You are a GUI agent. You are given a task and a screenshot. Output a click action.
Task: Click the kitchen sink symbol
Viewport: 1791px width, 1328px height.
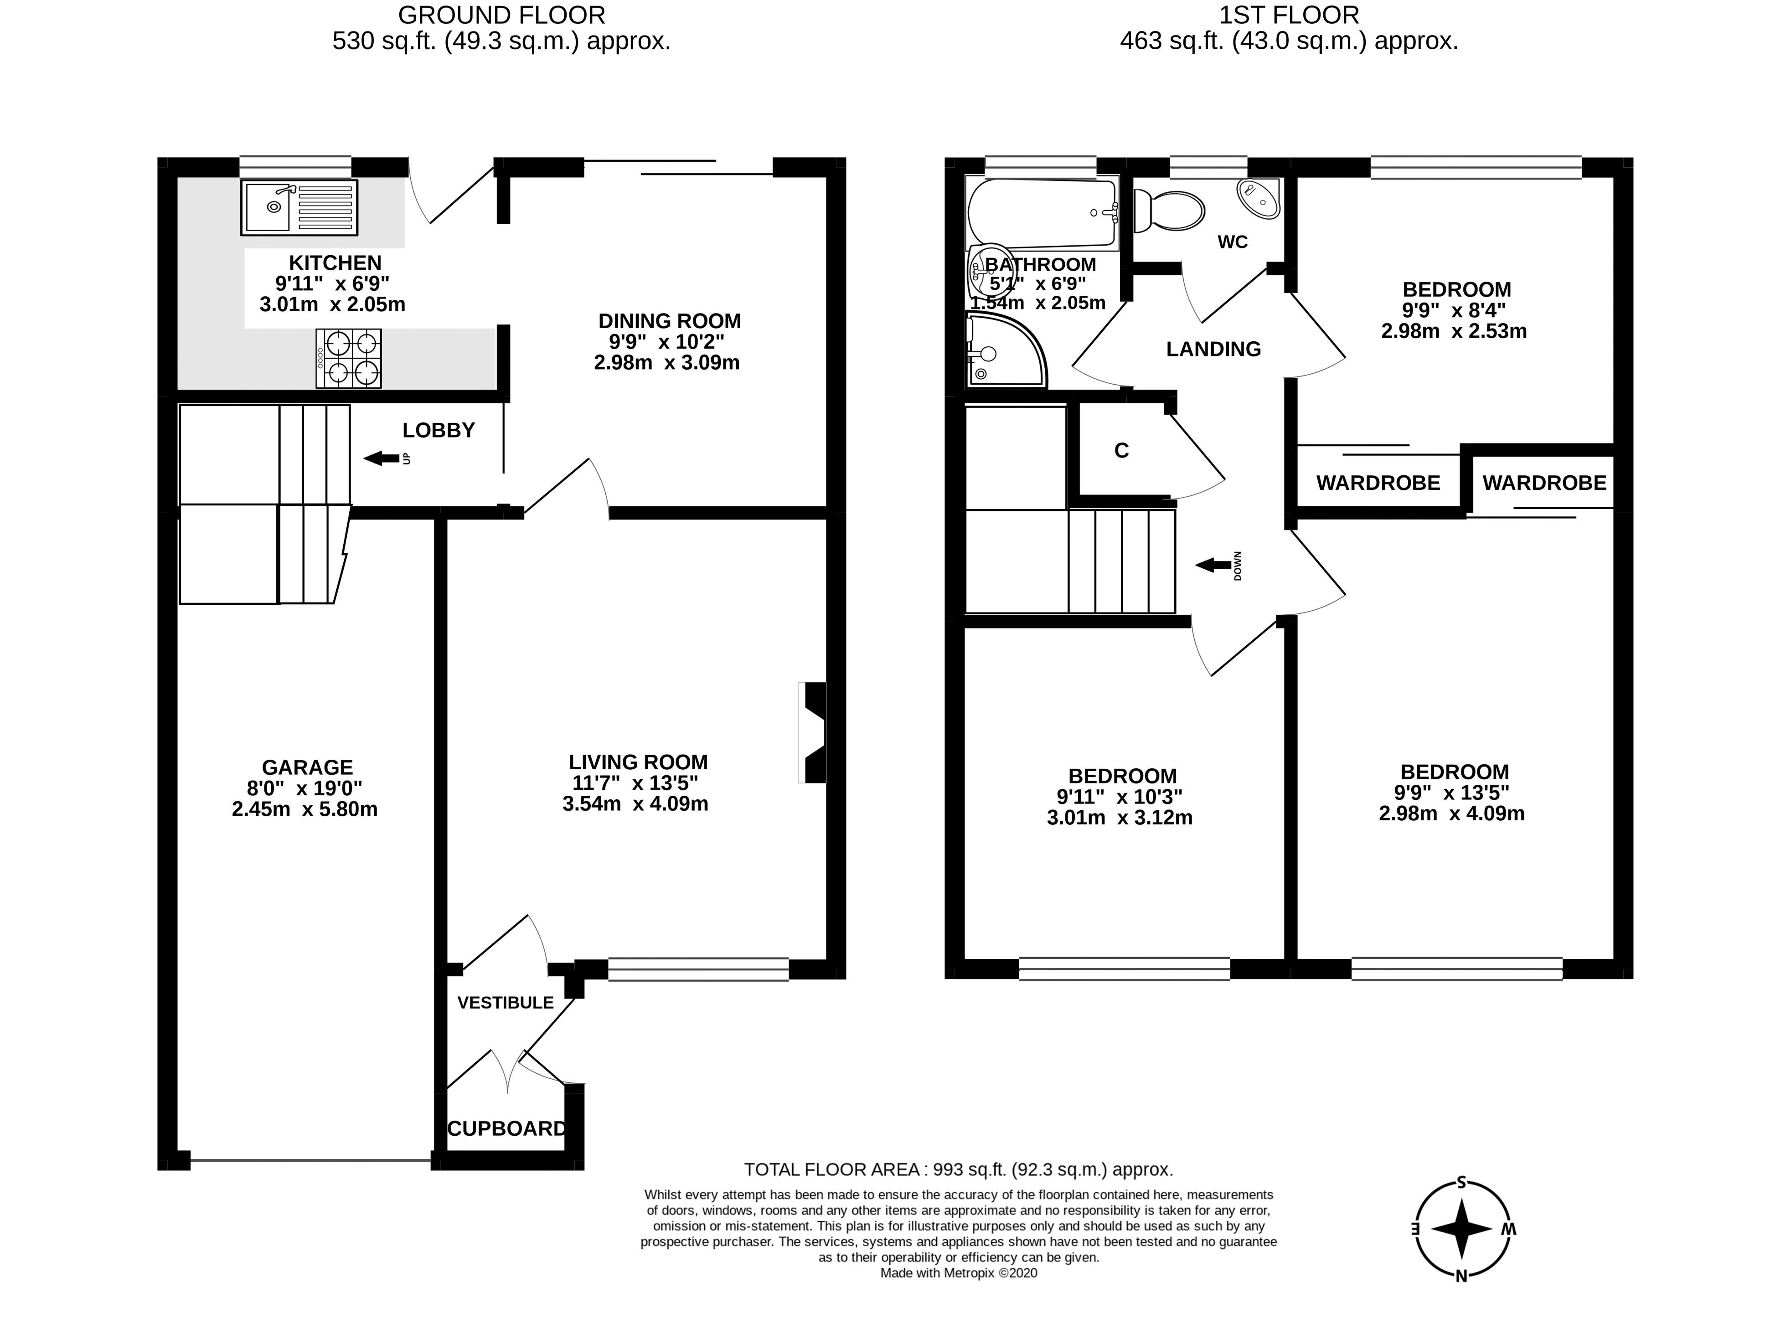(299, 207)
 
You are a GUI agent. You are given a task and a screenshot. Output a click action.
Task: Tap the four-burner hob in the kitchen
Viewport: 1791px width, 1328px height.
(348, 359)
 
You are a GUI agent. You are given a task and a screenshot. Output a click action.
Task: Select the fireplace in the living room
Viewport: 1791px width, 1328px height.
(813, 731)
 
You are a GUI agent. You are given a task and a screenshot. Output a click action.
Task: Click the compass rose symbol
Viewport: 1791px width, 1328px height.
(1462, 1229)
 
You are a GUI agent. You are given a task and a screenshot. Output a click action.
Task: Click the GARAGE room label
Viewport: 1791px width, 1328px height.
(307, 768)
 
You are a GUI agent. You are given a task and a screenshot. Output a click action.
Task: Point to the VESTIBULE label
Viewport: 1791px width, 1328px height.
(506, 1003)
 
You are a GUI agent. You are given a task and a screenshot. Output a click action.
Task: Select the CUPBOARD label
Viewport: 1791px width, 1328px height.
(506, 1129)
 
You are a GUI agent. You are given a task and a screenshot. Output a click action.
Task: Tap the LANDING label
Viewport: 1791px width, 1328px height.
(1213, 349)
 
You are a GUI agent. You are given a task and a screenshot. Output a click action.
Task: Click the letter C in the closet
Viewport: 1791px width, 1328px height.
(1121, 451)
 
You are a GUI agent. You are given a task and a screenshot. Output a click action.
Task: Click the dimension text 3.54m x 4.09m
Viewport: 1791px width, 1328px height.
(635, 804)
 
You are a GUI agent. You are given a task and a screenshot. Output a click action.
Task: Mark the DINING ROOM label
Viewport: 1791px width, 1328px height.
(670, 321)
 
